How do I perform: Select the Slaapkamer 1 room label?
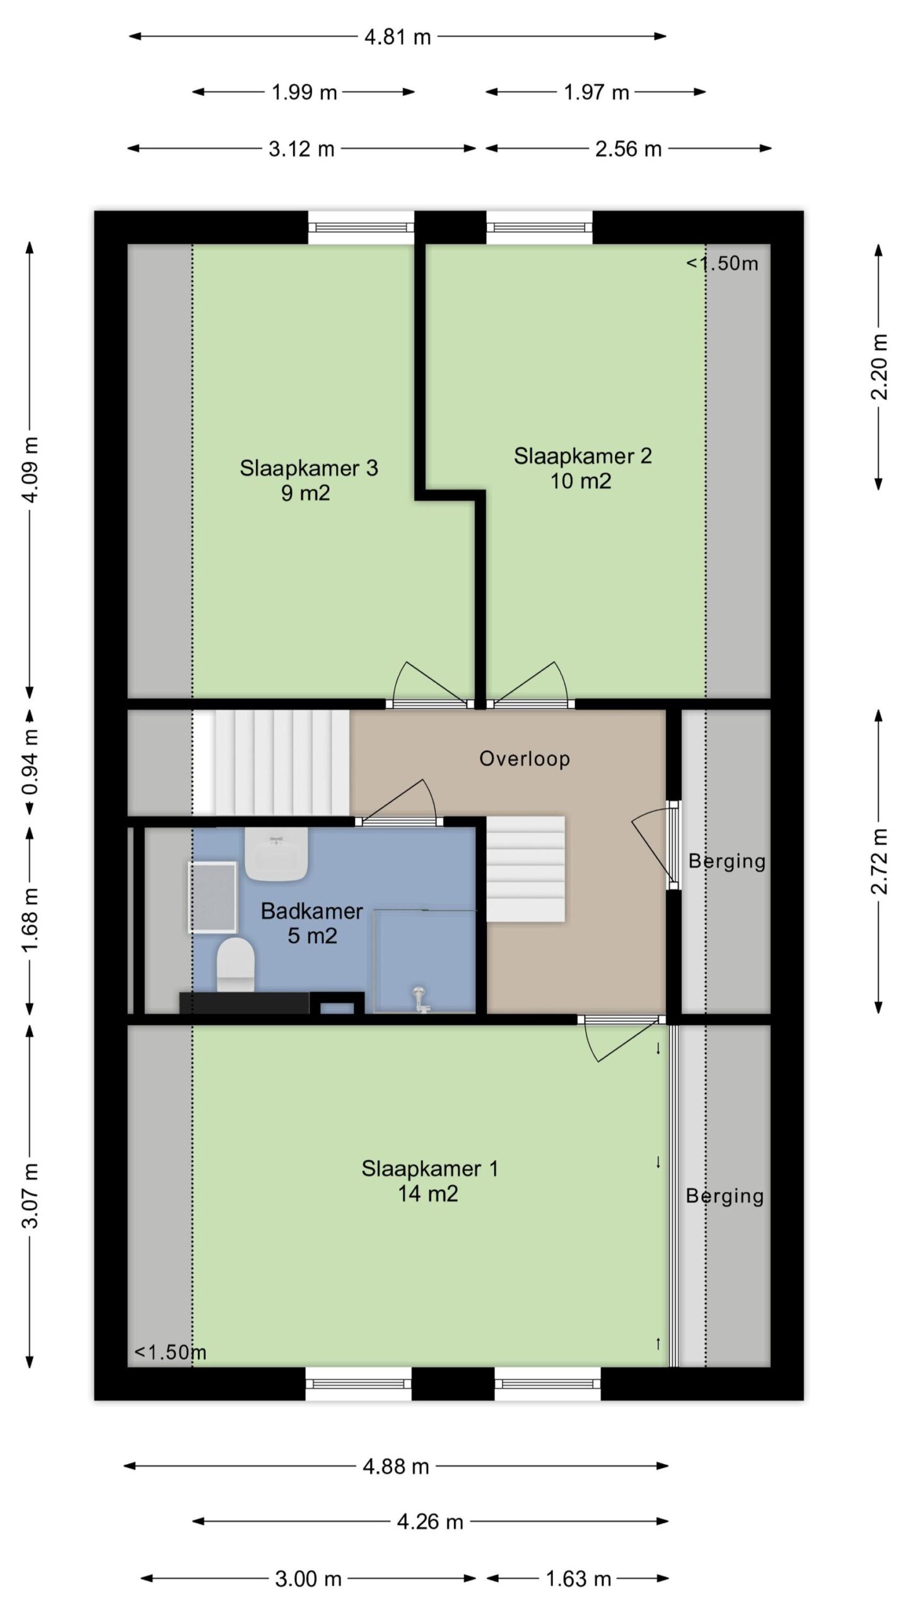coord(430,1168)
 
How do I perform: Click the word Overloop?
coord(525,758)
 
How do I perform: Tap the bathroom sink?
coord(276,854)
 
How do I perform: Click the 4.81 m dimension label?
coord(398,37)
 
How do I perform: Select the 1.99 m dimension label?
coord(304,93)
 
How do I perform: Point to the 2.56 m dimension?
coord(629,149)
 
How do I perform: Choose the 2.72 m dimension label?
coord(879,861)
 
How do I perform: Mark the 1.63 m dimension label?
coord(578,1578)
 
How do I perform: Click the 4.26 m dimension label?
coord(430,1522)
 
